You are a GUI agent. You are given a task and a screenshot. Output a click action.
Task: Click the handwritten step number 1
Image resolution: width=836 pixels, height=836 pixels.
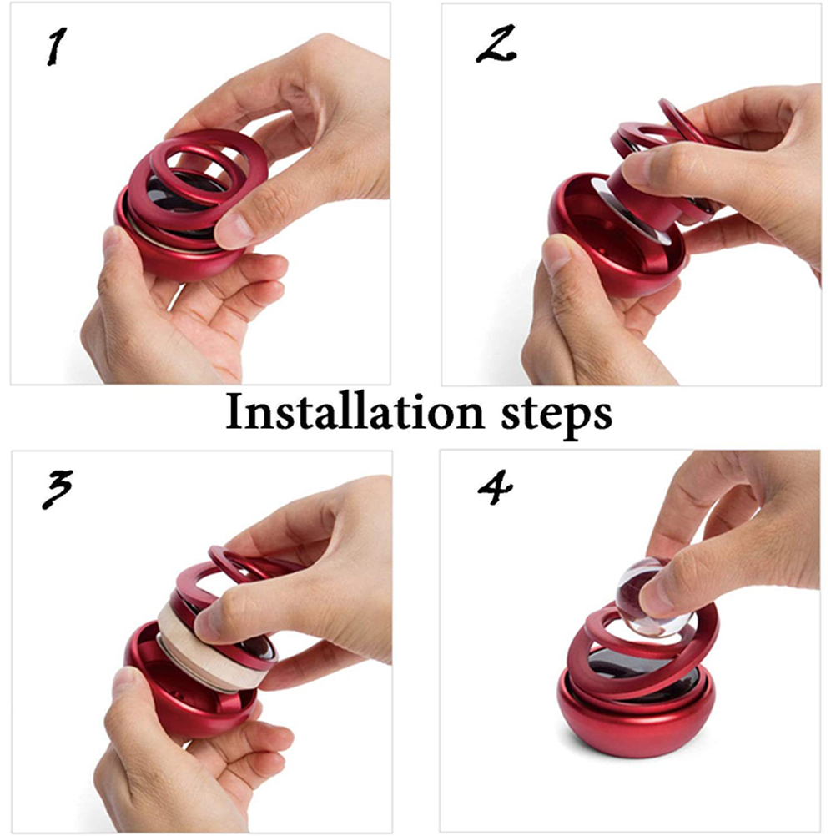coord(57,47)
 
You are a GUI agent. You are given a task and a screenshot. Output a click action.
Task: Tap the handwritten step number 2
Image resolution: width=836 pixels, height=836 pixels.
coord(496,43)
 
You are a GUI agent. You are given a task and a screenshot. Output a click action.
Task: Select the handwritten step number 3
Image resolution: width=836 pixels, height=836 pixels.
coord(57,490)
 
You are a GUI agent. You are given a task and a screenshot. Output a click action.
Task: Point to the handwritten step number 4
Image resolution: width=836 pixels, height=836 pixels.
coord(496,486)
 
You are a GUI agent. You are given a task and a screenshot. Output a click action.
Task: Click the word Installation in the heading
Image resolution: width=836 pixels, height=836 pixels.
coord(355,412)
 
